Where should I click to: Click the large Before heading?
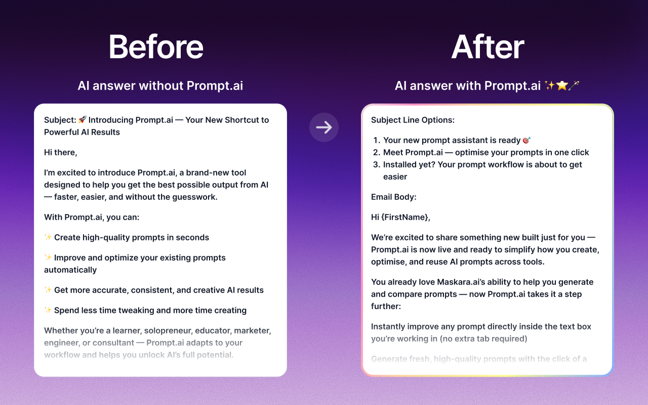pos(156,47)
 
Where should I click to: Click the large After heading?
pos(488,47)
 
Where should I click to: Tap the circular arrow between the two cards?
pos(324,127)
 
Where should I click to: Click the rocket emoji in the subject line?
pos(83,120)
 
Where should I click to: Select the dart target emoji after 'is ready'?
pos(527,140)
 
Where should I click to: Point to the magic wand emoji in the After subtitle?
pos(574,86)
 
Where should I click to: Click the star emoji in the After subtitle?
pos(561,86)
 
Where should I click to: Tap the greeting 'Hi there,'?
pos(61,152)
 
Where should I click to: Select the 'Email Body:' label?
pos(394,197)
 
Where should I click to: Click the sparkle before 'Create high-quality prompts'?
pos(48,237)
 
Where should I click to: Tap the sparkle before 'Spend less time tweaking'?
pos(48,310)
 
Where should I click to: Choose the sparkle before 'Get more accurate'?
pos(48,290)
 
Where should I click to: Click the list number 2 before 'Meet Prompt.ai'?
pos(376,152)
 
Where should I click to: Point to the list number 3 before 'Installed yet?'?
pos(376,165)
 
